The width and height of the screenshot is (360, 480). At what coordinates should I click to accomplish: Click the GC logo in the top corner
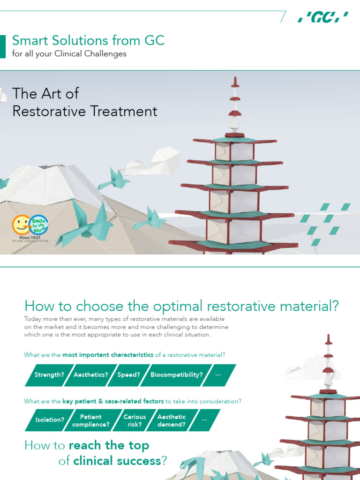click(323, 18)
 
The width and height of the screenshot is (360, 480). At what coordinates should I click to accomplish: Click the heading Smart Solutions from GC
click(88, 40)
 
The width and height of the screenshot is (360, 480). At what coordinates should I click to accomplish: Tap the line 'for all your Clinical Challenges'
click(69, 53)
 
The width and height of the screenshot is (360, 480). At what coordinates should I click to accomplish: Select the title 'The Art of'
click(45, 93)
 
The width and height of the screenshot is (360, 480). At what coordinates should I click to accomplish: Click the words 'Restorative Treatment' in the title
click(84, 111)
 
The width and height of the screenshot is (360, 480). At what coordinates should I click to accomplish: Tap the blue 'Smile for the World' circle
click(38, 225)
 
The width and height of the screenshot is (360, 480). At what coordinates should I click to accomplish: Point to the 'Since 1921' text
click(29, 238)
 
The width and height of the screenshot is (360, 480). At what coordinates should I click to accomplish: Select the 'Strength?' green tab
click(49, 375)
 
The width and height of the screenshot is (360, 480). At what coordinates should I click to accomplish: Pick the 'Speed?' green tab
click(128, 375)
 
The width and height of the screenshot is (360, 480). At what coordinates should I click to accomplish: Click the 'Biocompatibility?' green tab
click(177, 375)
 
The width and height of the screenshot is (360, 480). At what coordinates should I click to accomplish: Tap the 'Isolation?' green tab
click(50, 420)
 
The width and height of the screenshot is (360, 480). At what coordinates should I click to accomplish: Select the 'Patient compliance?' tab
click(91, 420)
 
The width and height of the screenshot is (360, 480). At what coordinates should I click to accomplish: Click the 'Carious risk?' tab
click(135, 420)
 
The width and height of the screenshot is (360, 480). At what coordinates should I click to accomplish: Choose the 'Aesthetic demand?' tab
click(172, 420)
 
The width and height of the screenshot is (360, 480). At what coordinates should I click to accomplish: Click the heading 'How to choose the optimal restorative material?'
click(181, 306)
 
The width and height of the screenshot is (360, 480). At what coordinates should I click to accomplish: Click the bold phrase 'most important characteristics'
click(108, 355)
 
